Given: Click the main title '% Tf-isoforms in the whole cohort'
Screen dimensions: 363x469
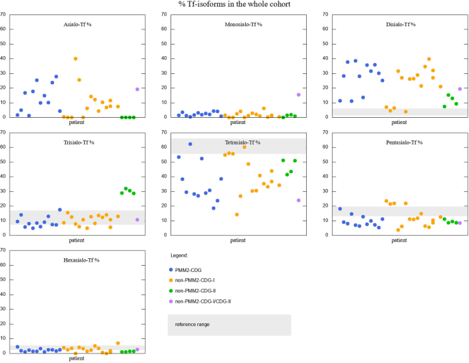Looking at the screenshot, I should pyautogui.click(x=234, y=4).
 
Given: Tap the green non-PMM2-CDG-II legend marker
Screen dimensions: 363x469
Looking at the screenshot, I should pyautogui.click(x=171, y=290).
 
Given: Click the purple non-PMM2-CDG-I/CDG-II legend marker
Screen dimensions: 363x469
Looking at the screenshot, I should pyautogui.click(x=171, y=301).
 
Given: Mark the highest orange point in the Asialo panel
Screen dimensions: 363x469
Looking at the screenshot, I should pyautogui.click(x=75, y=59).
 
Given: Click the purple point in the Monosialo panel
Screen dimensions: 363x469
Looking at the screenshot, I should pyautogui.click(x=299, y=95).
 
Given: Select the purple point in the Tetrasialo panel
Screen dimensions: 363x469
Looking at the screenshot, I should pyautogui.click(x=299, y=201).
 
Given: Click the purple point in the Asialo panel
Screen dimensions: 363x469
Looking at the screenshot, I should pyautogui.click(x=137, y=89).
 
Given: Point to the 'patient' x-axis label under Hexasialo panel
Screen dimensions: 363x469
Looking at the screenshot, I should pyautogui.click(x=77, y=358).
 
